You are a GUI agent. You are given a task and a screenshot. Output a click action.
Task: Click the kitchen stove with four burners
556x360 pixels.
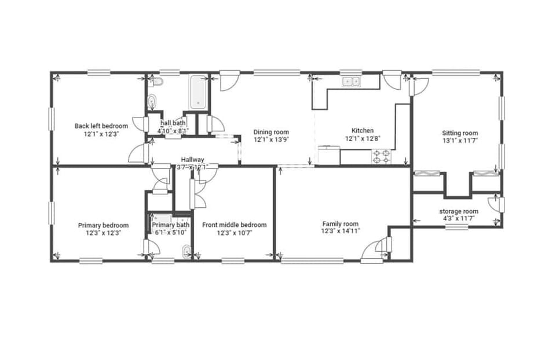[382, 156]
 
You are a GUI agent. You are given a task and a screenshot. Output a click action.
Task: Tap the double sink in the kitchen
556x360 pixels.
[350, 82]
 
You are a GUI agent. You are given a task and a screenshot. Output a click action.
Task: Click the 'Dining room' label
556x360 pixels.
[271, 132]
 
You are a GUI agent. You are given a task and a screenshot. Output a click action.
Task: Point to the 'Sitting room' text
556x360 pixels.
[460, 133]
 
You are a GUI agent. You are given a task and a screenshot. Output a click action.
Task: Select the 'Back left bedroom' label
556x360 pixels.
[101, 126]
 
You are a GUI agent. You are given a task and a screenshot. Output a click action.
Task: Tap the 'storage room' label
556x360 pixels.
[459, 211]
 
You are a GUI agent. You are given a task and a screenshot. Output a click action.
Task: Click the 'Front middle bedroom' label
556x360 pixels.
[234, 225]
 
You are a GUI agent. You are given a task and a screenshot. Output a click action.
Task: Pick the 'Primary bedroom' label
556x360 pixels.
[103, 225]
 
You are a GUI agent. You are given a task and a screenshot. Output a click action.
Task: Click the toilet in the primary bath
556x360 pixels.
[186, 252]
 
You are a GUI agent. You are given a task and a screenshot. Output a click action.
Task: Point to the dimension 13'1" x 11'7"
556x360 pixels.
[460, 141]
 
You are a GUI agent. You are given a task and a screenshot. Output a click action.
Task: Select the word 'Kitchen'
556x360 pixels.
[363, 131]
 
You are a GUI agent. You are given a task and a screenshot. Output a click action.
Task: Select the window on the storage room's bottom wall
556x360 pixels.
[456, 227]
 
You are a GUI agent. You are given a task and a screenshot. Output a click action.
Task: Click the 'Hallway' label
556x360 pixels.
[192, 160]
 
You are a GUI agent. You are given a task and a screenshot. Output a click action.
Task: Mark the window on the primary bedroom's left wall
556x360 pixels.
[52, 213]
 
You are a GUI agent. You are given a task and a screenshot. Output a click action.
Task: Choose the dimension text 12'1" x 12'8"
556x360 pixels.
[363, 138]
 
